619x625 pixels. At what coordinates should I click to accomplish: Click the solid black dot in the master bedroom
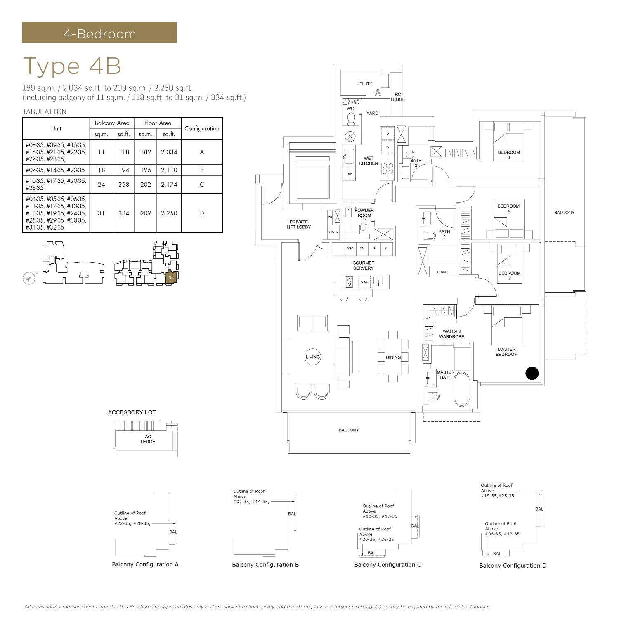(532, 373)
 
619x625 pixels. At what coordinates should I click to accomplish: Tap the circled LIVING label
(312, 357)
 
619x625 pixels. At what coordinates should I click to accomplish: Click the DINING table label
(393, 357)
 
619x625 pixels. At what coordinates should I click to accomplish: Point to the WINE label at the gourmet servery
(364, 282)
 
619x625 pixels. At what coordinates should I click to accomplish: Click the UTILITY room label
(364, 83)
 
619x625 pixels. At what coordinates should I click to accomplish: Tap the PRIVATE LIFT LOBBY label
(298, 225)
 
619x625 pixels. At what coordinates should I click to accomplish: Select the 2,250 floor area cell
(169, 213)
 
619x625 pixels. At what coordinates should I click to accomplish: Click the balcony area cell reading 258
(123, 185)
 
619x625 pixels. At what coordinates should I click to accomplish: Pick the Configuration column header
(202, 128)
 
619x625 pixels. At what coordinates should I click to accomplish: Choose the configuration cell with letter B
(202, 170)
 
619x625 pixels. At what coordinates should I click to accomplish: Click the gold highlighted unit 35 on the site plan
(171, 277)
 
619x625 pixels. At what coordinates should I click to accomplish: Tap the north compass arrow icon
(28, 279)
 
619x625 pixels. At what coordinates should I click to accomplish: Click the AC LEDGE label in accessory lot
(147, 439)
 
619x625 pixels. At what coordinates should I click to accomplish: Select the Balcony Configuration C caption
(387, 564)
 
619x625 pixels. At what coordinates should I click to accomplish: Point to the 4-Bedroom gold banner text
(99, 33)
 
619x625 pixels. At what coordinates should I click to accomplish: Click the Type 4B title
(72, 66)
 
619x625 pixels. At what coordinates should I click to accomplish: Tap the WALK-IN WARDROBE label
(451, 334)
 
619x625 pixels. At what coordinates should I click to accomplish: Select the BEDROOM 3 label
(508, 154)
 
